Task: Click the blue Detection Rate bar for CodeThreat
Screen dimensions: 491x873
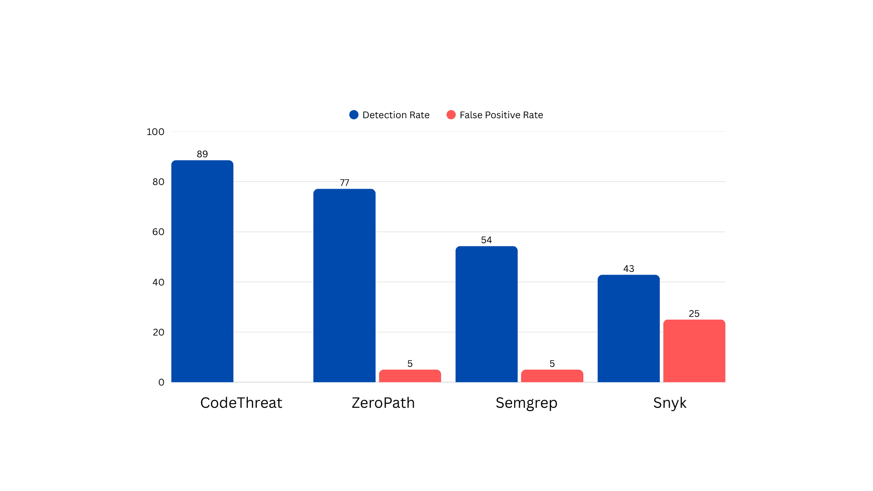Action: click(202, 271)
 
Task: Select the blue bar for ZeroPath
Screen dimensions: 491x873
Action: click(344, 286)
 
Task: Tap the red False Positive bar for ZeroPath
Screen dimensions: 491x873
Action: click(410, 376)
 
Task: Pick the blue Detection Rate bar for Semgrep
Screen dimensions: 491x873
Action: click(487, 314)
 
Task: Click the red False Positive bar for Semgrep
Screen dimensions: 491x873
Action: click(552, 376)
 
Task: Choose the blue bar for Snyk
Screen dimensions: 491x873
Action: click(628, 328)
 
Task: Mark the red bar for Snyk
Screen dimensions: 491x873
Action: click(694, 351)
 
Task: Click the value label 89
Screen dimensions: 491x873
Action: click(202, 154)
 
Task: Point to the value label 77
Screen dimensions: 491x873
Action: click(344, 183)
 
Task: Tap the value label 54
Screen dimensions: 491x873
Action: click(487, 240)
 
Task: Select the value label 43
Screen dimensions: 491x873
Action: click(628, 269)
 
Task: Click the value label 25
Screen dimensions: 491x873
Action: click(694, 314)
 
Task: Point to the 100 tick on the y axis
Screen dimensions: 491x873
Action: click(155, 132)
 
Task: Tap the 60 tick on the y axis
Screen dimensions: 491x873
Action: click(158, 232)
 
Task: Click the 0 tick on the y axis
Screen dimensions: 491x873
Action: click(161, 382)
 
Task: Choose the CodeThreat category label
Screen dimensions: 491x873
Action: click(241, 403)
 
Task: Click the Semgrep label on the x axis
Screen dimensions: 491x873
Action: click(526, 403)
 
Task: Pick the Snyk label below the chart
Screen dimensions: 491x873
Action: click(669, 403)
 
